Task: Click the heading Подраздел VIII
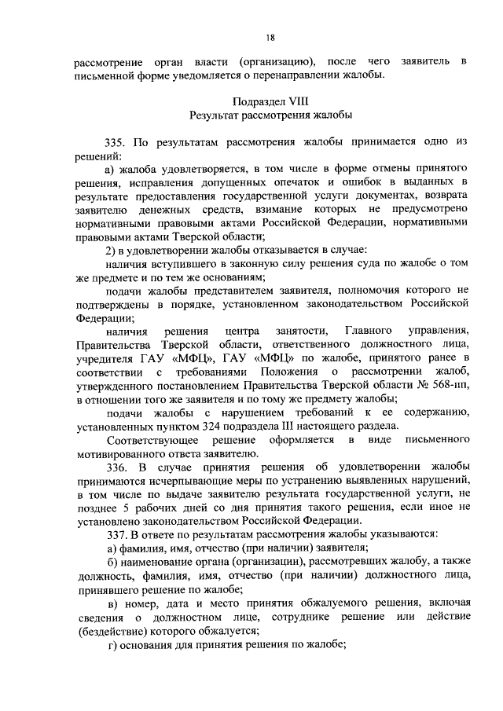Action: [270, 101]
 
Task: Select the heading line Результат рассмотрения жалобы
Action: [270, 115]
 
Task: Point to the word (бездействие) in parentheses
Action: [109, 630]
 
